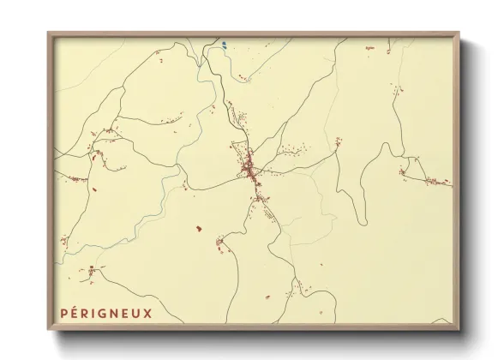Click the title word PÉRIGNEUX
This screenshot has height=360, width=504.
pyautogui.click(x=105, y=314)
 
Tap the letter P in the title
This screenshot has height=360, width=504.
pyautogui.click(x=63, y=314)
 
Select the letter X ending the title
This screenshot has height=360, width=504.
pyautogui.click(x=147, y=314)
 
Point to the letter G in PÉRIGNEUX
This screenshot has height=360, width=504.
pyautogui.click(x=103, y=314)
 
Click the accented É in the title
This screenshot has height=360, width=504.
pyautogui.click(x=75, y=313)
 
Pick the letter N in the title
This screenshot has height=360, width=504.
pyautogui.click(x=114, y=314)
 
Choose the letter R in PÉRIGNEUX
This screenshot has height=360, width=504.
pyautogui.click(x=86, y=314)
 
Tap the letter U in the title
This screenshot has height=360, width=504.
pyautogui.click(x=136, y=314)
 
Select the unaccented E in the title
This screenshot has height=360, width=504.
pyautogui.click(x=125, y=314)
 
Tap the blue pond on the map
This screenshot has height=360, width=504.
pyautogui.click(x=223, y=45)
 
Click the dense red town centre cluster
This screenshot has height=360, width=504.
pyautogui.click(x=249, y=168)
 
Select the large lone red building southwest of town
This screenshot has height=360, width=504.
pyautogui.click(x=199, y=229)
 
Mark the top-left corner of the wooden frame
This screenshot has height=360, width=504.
pyautogui.click(x=48, y=33)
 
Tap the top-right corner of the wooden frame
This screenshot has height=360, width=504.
pyautogui.click(x=459, y=33)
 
